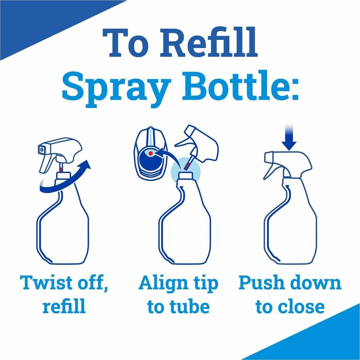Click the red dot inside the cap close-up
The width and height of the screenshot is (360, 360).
click(x=150, y=153)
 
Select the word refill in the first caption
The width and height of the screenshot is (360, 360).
click(x=64, y=307)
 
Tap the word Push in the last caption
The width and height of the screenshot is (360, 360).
click(x=260, y=283)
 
